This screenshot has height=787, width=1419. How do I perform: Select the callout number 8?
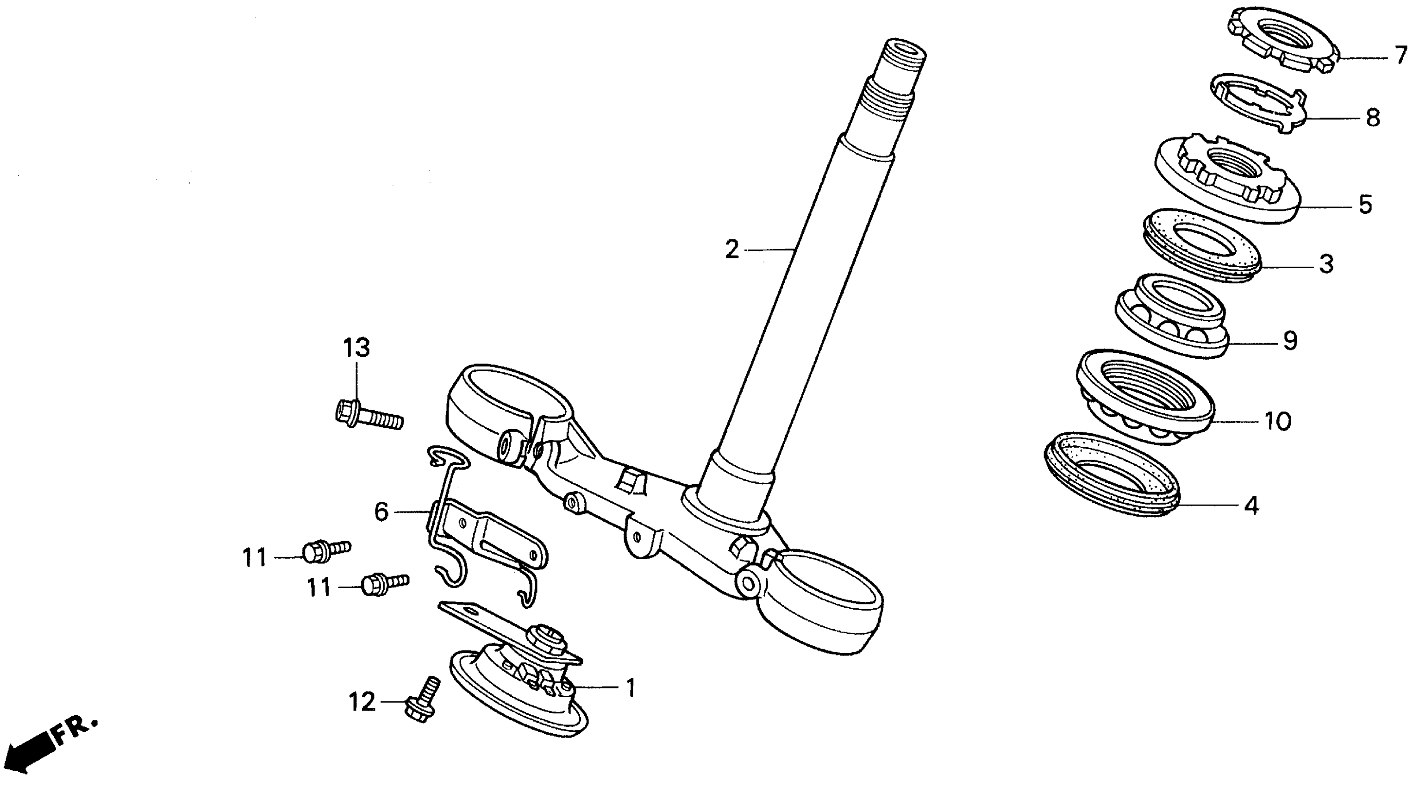pos(1373,117)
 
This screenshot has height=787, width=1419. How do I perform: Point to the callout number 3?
pos(1326,264)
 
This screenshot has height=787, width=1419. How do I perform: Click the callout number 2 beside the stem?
pos(731,250)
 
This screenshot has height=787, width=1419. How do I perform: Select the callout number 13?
pos(356,348)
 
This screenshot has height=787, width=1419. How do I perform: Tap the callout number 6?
pos(381,512)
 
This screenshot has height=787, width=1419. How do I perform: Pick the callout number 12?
pos(362,702)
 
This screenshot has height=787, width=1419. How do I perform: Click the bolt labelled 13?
pos(369,416)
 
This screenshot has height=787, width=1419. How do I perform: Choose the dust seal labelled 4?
pos(1112,474)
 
